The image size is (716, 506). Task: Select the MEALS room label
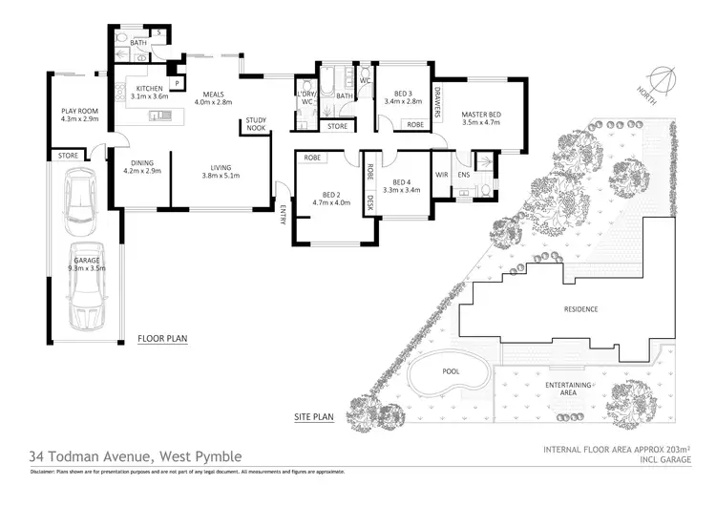coord(213,95)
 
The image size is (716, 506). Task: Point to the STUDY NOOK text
coord(255,124)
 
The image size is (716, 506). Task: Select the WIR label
coord(441,175)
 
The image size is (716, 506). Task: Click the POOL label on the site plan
coord(451,371)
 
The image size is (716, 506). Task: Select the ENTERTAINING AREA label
coord(567,389)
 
